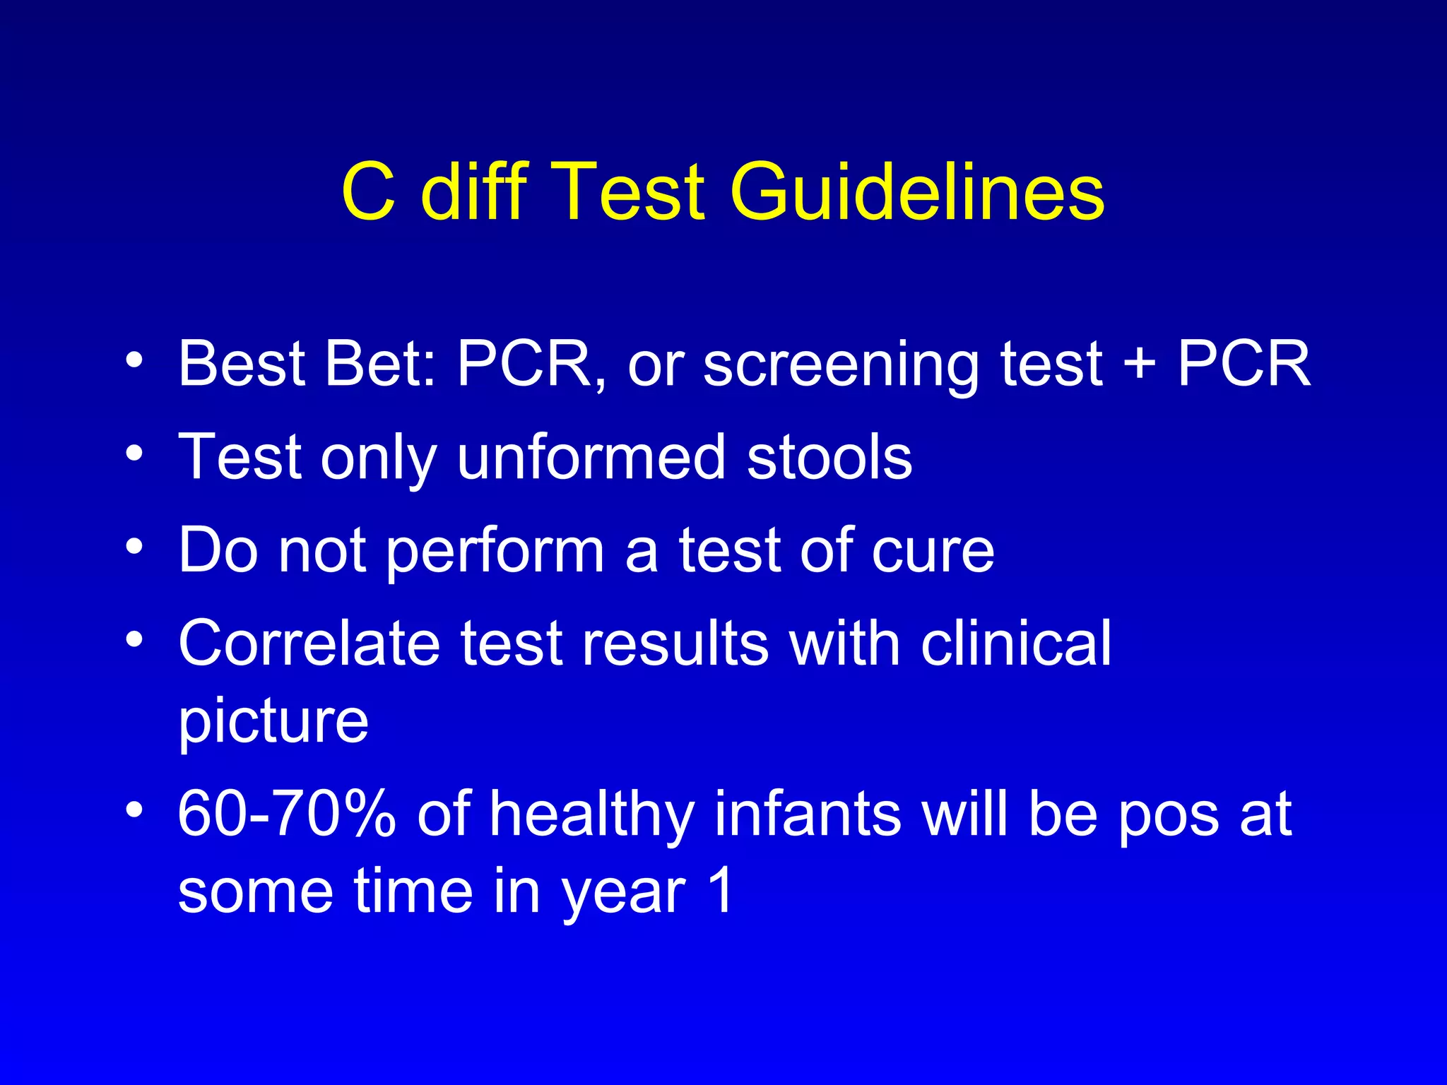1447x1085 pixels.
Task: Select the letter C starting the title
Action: [367, 192]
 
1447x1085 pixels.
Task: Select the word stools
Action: [829, 457]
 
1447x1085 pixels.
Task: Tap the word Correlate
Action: [309, 643]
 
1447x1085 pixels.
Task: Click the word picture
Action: [273, 723]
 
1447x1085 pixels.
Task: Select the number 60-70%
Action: [286, 814]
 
